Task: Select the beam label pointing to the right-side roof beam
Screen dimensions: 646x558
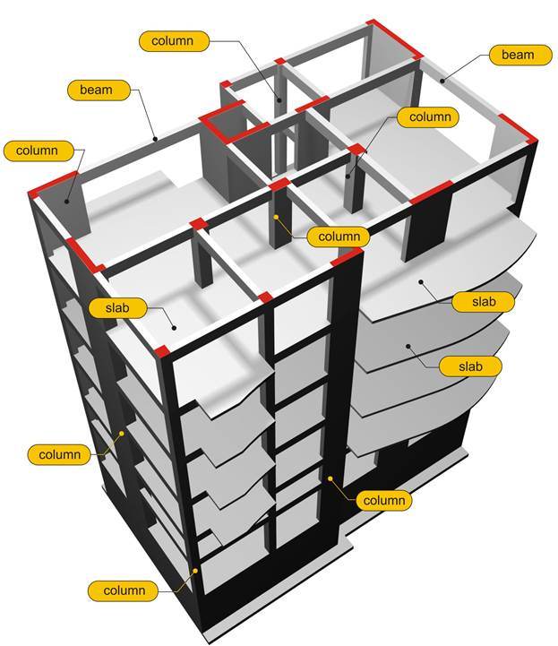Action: (x=517, y=55)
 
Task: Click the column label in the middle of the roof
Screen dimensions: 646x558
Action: (x=338, y=237)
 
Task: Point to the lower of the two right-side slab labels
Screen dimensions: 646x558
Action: (x=470, y=366)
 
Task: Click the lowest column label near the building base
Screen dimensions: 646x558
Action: (x=123, y=590)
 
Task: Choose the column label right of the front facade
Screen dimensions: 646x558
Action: (x=383, y=500)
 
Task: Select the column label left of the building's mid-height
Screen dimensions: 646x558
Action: (x=60, y=454)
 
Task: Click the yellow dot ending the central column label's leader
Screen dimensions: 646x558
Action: (x=278, y=217)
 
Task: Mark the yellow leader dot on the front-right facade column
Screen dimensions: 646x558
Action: (x=330, y=478)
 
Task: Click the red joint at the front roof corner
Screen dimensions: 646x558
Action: (x=162, y=349)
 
